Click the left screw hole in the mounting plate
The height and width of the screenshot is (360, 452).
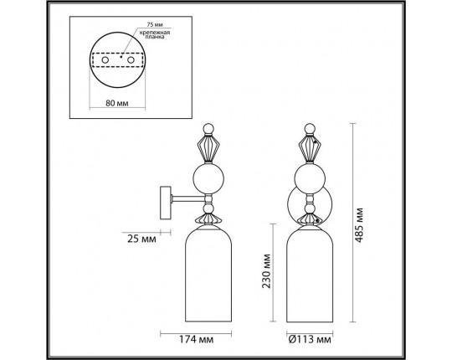[105, 62]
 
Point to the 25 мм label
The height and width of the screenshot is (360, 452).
[138, 239]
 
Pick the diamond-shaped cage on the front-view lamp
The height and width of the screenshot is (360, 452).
[309, 148]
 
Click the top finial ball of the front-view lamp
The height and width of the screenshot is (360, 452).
[309, 129]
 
